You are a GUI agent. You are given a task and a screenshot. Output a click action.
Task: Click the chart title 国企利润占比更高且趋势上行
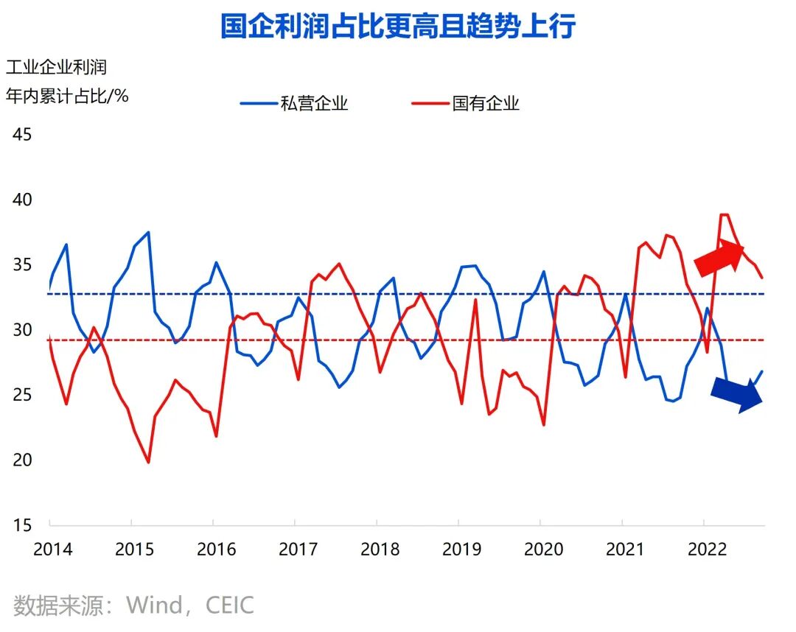397,26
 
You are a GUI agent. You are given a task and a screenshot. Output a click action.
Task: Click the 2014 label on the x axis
52,550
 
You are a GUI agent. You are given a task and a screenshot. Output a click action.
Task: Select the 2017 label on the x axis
298,550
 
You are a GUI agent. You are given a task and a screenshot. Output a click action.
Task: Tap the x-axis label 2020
542,550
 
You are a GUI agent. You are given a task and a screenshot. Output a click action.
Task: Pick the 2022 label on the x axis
706,550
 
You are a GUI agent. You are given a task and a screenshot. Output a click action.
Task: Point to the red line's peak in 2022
724,214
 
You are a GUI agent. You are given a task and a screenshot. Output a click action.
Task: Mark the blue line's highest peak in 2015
148,232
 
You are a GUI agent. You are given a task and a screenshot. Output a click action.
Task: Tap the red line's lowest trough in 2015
148,463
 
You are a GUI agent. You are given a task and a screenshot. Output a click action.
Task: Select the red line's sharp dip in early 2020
543,425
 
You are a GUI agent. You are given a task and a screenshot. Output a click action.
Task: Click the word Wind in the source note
155,605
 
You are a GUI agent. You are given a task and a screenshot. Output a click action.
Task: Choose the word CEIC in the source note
229,605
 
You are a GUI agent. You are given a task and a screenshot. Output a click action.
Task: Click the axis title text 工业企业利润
56,67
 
